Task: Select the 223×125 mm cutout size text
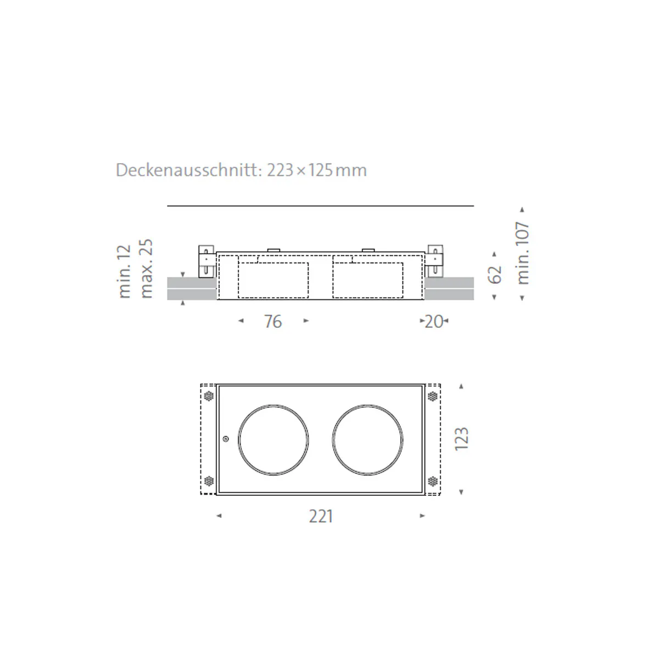pos(317,170)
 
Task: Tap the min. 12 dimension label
pos(125,271)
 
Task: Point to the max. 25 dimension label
pos(146,269)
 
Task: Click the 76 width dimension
pos(273,321)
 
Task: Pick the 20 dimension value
pos(434,321)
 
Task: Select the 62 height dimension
pos(495,274)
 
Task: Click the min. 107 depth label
pos(523,253)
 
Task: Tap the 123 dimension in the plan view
pos(461,439)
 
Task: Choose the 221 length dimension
pos(321,517)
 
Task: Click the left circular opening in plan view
pos(273,440)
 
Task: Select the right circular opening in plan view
pos(367,440)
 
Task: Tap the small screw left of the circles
pos(226,438)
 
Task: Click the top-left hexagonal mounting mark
pos(209,396)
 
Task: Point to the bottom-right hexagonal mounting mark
pos(433,482)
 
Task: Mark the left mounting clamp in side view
pos(206,261)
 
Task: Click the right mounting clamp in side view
pos(435,261)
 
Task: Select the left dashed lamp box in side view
pos(273,280)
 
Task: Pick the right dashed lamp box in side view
pos(367,280)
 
